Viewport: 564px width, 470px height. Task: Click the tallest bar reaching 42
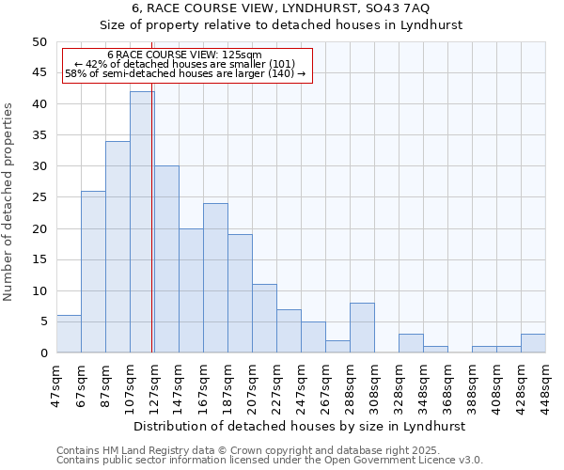point(141,222)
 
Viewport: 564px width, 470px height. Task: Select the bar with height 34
point(117,246)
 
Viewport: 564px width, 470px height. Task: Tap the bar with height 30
point(166,259)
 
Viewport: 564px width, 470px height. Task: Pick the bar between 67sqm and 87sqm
point(93,272)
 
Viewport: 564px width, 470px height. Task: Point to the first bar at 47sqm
point(69,334)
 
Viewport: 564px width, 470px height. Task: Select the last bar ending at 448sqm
point(533,343)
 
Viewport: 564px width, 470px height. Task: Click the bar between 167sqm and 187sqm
point(215,277)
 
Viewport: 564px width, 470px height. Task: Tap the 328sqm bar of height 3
point(411,343)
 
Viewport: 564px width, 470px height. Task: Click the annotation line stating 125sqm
point(184,55)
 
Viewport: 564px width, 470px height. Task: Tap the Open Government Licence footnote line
point(270,460)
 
